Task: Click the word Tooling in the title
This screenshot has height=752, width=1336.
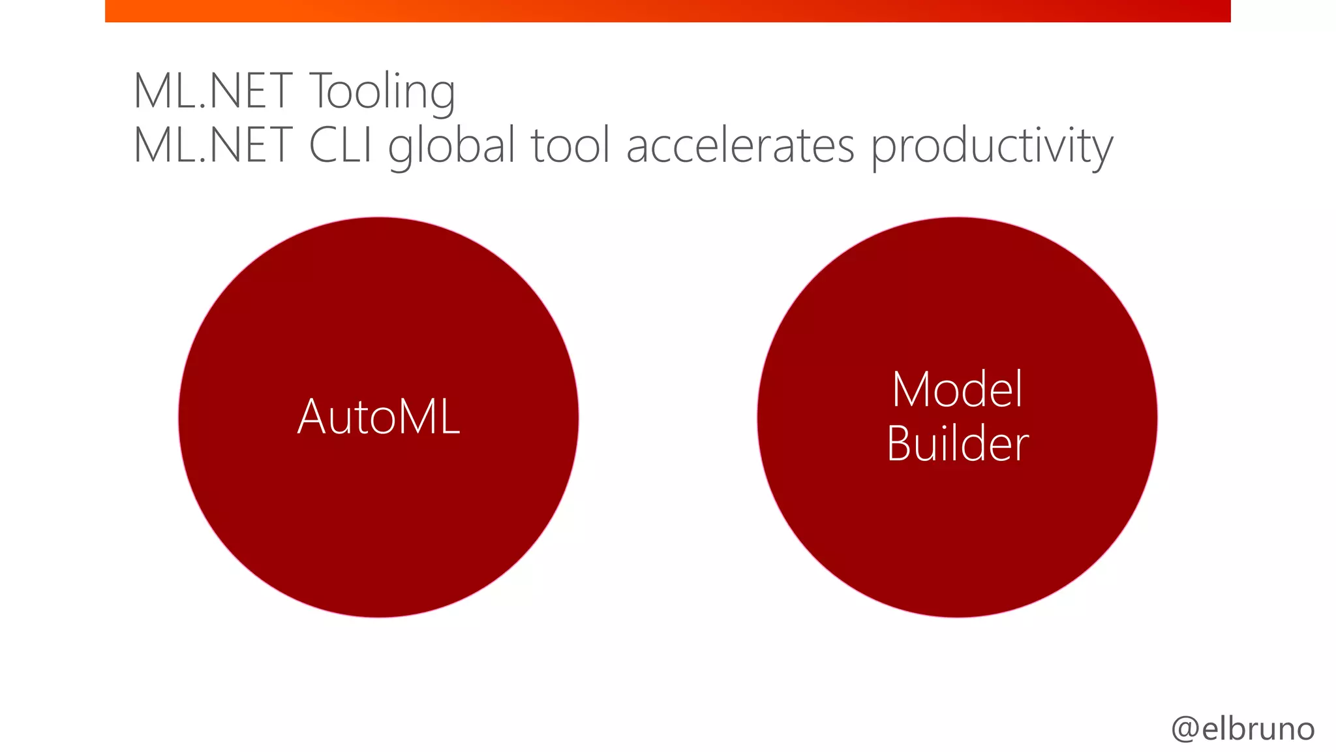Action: pos(382,91)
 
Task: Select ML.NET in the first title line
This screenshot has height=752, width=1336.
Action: pos(213,91)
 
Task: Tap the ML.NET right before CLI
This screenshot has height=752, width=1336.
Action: pos(213,145)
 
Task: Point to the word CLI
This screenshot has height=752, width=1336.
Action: pos(340,145)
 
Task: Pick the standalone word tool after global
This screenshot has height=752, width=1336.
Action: pos(571,145)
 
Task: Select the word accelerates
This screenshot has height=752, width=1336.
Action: pos(740,145)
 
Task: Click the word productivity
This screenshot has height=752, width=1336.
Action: pos(992,146)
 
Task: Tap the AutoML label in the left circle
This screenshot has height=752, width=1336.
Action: pos(378,416)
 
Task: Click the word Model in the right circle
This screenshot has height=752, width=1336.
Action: pos(957,390)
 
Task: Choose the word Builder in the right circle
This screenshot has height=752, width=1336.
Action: pos(957,444)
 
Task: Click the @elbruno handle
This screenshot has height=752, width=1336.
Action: pos(1243,728)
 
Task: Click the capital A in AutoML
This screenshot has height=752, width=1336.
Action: pos(312,416)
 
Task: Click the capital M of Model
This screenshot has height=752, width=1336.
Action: pos(911,390)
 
